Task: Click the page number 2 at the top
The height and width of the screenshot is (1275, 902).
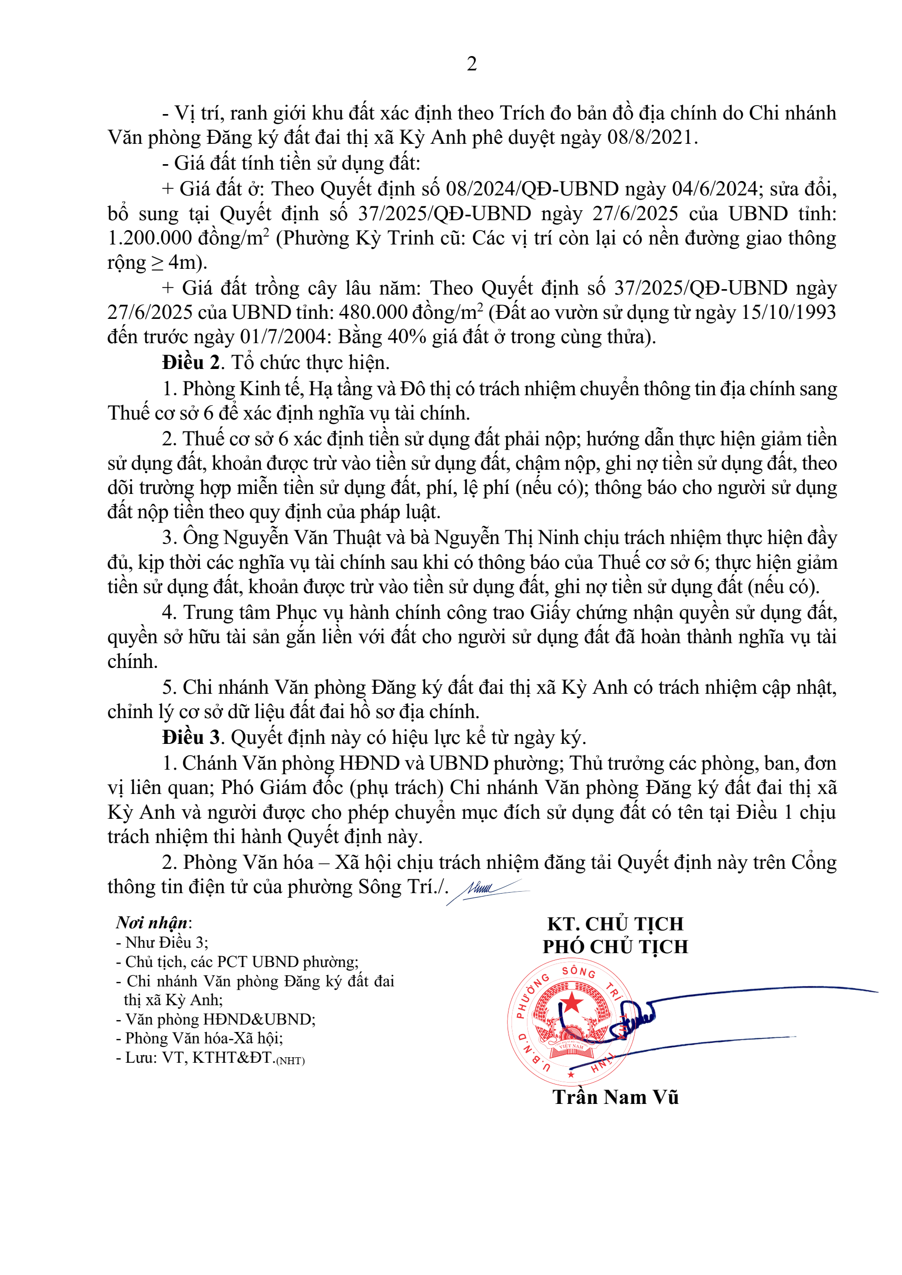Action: coord(471,64)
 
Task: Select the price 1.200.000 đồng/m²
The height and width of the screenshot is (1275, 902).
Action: coord(188,238)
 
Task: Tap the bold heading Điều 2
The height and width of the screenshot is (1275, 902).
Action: coord(191,363)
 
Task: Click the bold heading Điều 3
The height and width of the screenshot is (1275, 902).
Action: coord(191,737)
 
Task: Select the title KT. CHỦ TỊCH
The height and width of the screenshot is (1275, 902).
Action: coord(615,923)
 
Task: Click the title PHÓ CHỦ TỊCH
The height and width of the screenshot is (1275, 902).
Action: coord(615,946)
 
